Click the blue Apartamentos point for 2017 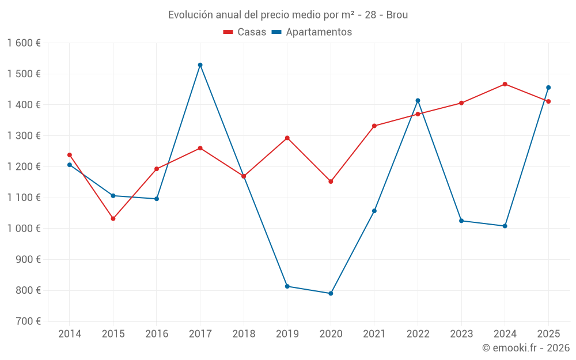(200, 65)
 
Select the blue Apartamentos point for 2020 (331, 294)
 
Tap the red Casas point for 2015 (113, 219)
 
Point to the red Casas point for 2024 (505, 84)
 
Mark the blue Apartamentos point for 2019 (287, 286)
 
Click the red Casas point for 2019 (287, 138)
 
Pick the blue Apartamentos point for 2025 (548, 88)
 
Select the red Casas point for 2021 (374, 126)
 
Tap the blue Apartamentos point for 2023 (461, 221)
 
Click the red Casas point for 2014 (70, 155)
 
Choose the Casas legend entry (245, 32)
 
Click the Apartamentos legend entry (312, 32)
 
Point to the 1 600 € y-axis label (24, 43)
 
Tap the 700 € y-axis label (28, 321)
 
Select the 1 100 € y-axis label (24, 198)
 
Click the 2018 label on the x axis (244, 334)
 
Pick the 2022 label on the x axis (418, 334)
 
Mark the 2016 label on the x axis (157, 334)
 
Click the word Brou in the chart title (397, 15)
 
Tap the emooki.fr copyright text (526, 348)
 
